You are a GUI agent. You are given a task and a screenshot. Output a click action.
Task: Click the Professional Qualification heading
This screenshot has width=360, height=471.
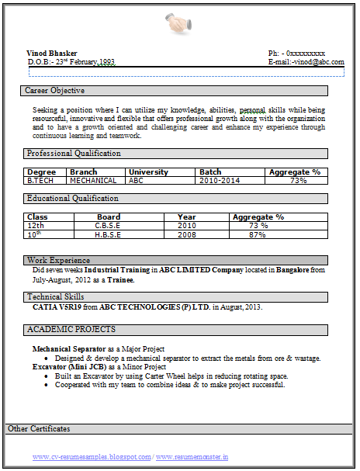(x=74, y=154)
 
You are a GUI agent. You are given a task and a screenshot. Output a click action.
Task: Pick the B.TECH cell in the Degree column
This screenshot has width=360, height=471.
(x=41, y=181)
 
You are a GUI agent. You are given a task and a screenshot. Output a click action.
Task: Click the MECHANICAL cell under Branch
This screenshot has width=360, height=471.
(x=93, y=181)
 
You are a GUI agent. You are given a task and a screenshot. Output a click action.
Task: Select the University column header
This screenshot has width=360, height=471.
(x=148, y=171)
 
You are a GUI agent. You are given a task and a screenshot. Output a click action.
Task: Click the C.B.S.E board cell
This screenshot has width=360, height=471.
(x=108, y=226)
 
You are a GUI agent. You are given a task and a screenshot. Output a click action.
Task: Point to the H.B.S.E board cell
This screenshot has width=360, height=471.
(x=108, y=234)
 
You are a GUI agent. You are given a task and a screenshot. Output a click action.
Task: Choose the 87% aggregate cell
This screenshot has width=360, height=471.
(x=258, y=234)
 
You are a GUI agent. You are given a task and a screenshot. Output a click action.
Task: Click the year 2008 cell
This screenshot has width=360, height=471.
(x=187, y=234)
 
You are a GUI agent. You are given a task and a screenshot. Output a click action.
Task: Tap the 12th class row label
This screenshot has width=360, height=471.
(x=36, y=226)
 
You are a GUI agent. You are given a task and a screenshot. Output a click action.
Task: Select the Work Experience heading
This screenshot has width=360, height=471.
(x=58, y=260)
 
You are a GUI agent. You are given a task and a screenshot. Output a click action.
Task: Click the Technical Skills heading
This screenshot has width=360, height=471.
(x=57, y=297)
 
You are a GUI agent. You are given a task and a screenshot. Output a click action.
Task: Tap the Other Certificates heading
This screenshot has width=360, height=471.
(x=39, y=429)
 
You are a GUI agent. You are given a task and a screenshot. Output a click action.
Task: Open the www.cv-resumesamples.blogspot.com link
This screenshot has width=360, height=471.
(x=91, y=457)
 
